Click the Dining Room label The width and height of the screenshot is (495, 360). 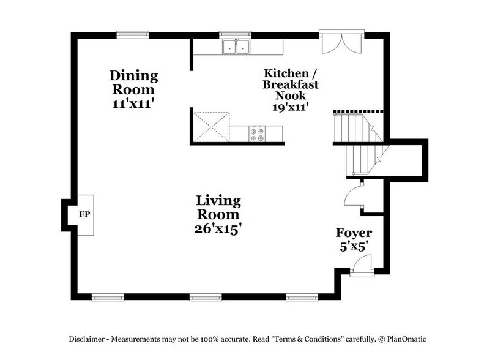coord(133,83)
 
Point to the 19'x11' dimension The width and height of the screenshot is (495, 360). coord(290,107)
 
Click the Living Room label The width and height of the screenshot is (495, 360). coord(218,208)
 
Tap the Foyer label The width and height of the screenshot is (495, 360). coord(354,233)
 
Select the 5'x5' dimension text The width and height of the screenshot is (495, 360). coord(354,249)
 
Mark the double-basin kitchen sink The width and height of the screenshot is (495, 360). coord(236,47)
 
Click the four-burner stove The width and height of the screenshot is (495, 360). coord(257,134)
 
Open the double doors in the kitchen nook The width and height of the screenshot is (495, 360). coord(341,43)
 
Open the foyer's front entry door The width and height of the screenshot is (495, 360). coord(362,267)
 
